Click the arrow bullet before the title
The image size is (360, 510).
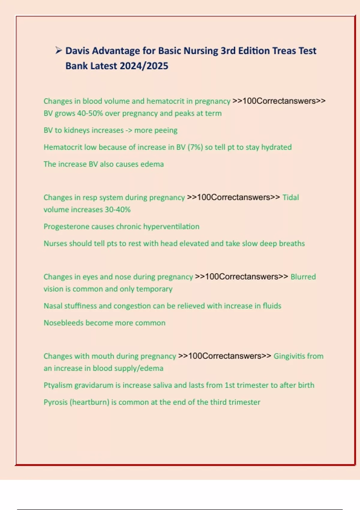pyautogui.click(x=58, y=50)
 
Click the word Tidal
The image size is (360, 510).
pyautogui.click(x=291, y=197)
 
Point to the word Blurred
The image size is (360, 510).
pyautogui.click(x=303, y=277)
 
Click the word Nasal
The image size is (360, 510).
pyautogui.click(x=53, y=306)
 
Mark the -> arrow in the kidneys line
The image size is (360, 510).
pyautogui.click(x=129, y=130)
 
